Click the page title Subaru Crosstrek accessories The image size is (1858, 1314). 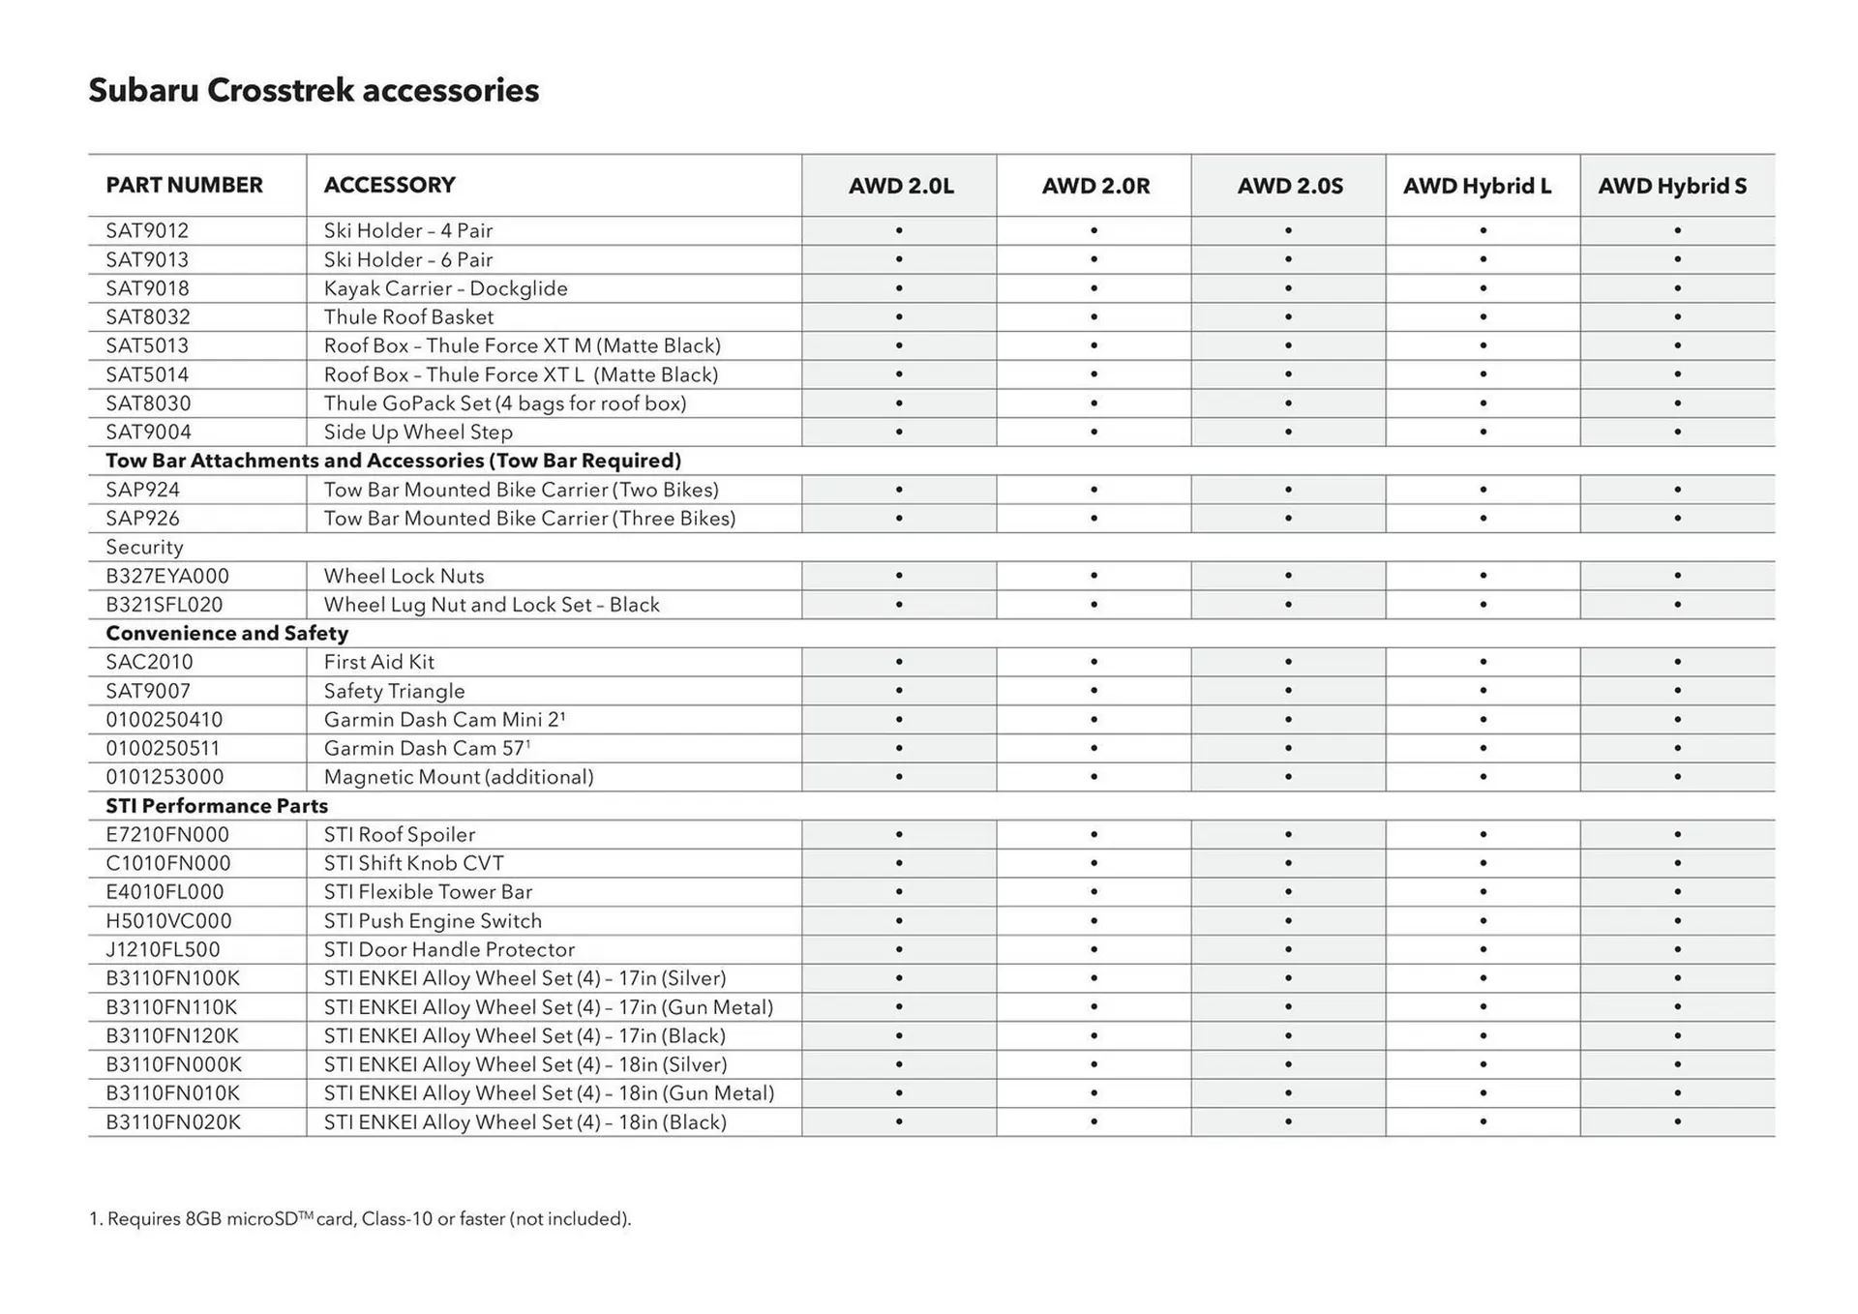click(314, 90)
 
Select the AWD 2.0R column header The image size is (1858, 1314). click(1095, 186)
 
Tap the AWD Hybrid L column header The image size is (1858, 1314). click(1477, 186)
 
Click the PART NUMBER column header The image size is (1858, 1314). click(184, 185)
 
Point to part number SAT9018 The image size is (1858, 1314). click(147, 288)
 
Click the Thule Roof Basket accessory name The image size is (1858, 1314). click(408, 317)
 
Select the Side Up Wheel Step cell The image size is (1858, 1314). click(418, 433)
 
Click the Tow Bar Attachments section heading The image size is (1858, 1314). click(393, 461)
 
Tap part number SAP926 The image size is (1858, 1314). click(142, 519)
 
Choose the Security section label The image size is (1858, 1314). click(144, 548)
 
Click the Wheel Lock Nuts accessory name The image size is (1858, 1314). click(404, 577)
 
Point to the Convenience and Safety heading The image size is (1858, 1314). click(226, 634)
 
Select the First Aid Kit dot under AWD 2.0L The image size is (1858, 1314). click(899, 662)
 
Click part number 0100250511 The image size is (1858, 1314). click(163, 749)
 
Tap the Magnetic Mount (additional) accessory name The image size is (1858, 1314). click(459, 777)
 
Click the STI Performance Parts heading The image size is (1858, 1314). click(217, 806)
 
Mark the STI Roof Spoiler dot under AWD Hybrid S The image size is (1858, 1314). click(1677, 834)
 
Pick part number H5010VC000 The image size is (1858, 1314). click(168, 921)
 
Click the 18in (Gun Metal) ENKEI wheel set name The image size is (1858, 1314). click(549, 1093)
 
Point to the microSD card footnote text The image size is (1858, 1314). click(360, 1219)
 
